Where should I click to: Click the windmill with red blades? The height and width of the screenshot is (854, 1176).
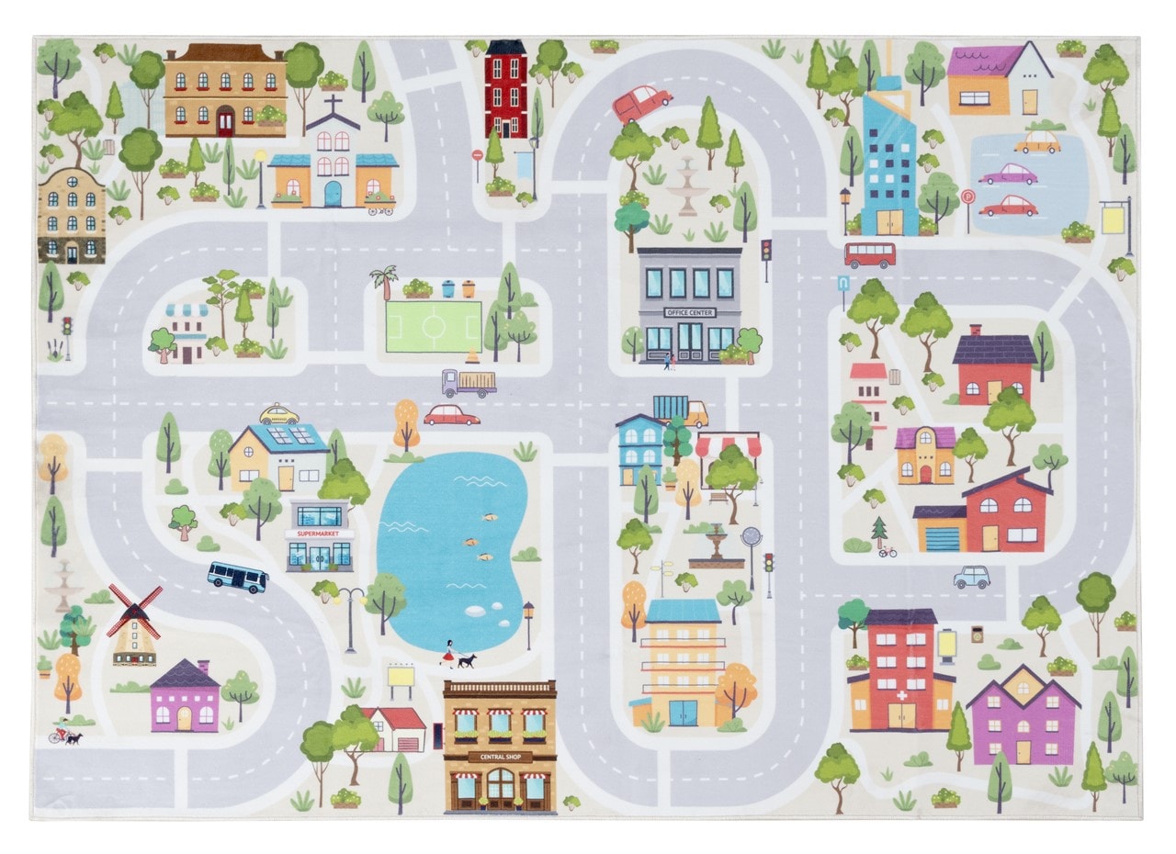click(x=134, y=624)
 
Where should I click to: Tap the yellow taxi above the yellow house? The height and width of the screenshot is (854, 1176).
click(x=279, y=415)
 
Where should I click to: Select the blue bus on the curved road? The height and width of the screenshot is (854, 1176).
click(x=237, y=577)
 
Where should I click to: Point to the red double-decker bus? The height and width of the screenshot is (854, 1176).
click(x=869, y=254)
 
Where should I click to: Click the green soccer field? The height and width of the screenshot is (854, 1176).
click(x=433, y=326)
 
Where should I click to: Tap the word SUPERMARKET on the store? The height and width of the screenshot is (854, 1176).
click(x=319, y=534)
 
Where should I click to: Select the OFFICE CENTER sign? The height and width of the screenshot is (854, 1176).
click(x=689, y=312)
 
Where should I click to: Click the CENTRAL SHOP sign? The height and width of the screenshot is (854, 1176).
click(x=500, y=757)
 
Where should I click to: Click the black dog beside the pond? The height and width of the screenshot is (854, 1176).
click(x=467, y=660)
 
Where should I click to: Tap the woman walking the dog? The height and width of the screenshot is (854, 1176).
click(x=449, y=653)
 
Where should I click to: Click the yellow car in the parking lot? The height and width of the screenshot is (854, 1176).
click(x=1037, y=142)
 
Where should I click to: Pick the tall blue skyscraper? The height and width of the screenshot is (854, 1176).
click(x=888, y=161)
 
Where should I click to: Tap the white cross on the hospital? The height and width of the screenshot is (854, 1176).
click(x=901, y=696)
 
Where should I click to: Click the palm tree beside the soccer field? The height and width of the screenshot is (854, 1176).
click(x=383, y=280)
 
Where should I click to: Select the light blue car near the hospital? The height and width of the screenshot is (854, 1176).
click(x=971, y=577)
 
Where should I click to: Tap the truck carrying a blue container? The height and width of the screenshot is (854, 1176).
click(x=681, y=410)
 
